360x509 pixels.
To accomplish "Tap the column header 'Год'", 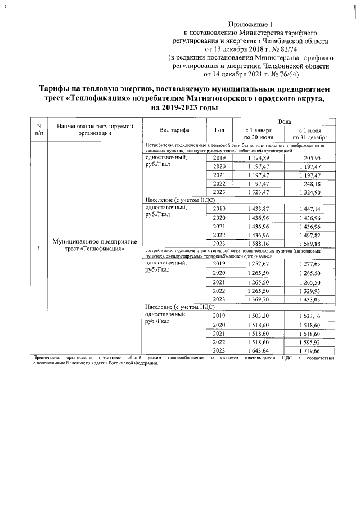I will point(220,130).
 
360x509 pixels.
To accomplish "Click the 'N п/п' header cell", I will point(38,130).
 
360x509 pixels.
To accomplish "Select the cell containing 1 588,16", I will point(258,243).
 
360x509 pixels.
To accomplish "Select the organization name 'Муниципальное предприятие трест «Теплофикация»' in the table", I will point(94,245).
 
